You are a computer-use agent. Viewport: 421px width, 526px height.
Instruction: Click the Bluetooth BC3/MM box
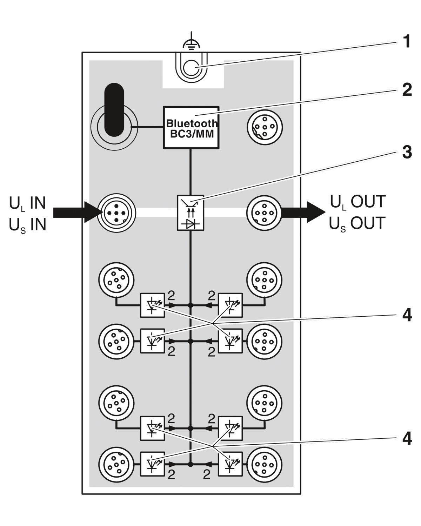pos(191,127)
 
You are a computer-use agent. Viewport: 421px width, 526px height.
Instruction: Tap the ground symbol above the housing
pos(191,41)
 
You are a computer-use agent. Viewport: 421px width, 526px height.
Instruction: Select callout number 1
pos(407,41)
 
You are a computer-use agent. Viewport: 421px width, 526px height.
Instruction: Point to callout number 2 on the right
pos(407,90)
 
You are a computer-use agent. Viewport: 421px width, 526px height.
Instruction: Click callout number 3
pos(407,152)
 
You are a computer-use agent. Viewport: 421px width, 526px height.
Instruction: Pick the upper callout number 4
pos(407,316)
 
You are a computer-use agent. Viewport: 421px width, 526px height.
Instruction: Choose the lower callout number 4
pos(407,439)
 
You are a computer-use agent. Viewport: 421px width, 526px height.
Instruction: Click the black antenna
pos(114,110)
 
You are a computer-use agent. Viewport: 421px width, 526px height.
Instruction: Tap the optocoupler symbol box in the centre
pos(191,213)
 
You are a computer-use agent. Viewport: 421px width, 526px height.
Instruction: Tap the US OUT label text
pos(357,223)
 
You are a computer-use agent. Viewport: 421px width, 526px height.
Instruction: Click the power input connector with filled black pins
pos(116,213)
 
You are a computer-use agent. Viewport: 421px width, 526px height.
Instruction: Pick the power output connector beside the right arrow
pos(264,213)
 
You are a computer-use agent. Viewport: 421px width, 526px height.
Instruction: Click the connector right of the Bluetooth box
pos(265,127)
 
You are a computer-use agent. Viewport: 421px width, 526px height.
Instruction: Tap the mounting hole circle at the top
pos(191,68)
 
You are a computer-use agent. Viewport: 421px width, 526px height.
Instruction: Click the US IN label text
pos(27,225)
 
